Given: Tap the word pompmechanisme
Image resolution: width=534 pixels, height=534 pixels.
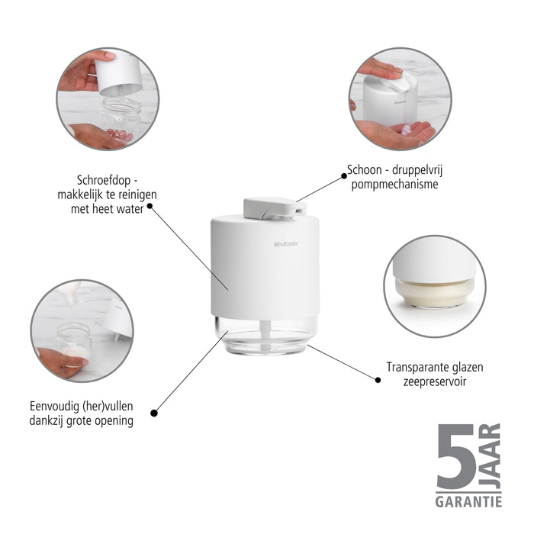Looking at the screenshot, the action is pyautogui.click(x=394, y=185).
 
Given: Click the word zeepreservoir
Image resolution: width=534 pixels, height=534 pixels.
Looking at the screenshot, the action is pyautogui.click(x=435, y=381).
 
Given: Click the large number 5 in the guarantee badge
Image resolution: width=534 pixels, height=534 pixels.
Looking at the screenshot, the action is pyautogui.click(x=455, y=456).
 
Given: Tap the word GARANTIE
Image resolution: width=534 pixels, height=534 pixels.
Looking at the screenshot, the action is pyautogui.click(x=468, y=502).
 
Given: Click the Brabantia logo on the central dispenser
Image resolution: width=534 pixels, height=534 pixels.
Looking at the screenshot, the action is pyautogui.click(x=286, y=244).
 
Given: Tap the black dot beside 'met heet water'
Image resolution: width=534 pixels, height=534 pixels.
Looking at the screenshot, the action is pyautogui.click(x=150, y=206).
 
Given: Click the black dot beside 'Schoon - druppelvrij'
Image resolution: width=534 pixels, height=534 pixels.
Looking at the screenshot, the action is pyautogui.click(x=344, y=176).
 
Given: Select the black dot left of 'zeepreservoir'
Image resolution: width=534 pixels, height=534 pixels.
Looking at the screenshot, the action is pyautogui.click(x=378, y=380).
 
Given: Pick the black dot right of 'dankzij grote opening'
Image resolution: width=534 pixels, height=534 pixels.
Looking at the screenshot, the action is pyautogui.click(x=154, y=413).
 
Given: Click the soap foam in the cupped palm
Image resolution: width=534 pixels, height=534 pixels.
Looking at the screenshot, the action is pyautogui.click(x=406, y=130).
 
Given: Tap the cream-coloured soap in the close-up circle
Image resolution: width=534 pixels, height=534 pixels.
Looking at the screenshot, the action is pyautogui.click(x=435, y=291).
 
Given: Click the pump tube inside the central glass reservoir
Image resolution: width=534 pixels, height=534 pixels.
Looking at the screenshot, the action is pyautogui.click(x=265, y=336).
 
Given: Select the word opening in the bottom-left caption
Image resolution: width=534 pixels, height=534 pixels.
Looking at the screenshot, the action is pyautogui.click(x=114, y=421).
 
